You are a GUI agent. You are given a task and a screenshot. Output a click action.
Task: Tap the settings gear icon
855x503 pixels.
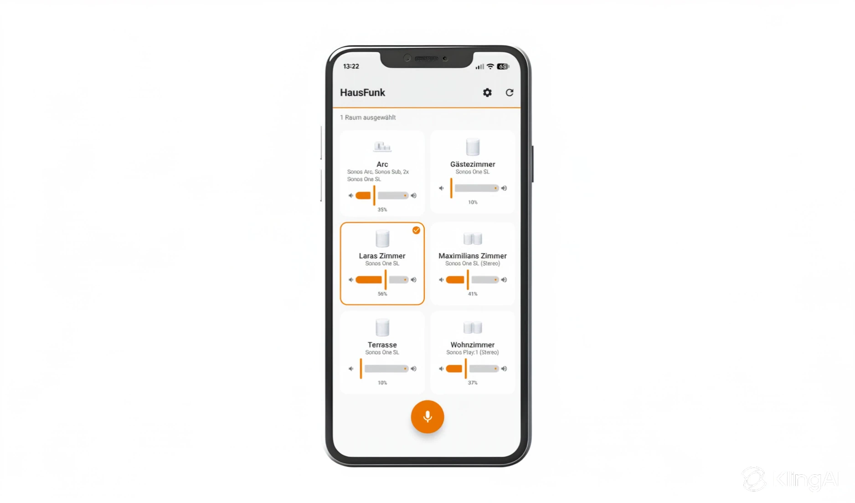[487, 93]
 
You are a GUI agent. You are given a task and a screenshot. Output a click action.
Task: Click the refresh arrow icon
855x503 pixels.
[510, 93]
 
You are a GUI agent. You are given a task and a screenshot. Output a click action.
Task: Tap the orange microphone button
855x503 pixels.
[427, 417]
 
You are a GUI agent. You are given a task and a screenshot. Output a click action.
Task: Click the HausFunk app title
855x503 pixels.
[362, 92]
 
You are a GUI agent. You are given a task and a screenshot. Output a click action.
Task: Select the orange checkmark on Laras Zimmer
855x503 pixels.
[416, 231]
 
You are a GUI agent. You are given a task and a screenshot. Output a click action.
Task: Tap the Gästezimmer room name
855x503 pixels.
[473, 164]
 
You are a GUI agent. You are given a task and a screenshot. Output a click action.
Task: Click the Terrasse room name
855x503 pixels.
[382, 345]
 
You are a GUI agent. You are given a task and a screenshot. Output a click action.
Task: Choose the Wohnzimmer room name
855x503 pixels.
[473, 345]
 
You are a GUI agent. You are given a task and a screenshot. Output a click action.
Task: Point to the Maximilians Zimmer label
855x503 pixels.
[473, 256]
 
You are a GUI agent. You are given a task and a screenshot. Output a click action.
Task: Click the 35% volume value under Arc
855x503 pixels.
[382, 210]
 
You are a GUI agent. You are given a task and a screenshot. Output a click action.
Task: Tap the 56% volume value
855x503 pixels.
[382, 294]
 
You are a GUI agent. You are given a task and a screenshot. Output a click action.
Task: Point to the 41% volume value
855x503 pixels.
[473, 294]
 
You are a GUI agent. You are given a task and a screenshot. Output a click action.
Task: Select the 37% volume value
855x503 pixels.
[473, 383]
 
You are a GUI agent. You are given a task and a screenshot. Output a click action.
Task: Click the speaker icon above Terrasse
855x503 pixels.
[382, 328]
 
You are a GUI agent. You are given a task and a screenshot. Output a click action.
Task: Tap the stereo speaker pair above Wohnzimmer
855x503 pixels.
[473, 328]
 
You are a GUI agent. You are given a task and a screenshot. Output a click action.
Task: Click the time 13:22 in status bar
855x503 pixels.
[351, 67]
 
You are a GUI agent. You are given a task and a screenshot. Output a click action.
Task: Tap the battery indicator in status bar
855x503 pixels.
[503, 67]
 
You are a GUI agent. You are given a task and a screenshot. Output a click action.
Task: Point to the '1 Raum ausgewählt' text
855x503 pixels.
[368, 118]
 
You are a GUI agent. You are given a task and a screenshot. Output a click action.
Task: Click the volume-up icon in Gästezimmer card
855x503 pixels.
[504, 188]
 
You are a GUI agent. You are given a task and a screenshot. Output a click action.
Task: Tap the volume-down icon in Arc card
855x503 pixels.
[351, 195]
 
